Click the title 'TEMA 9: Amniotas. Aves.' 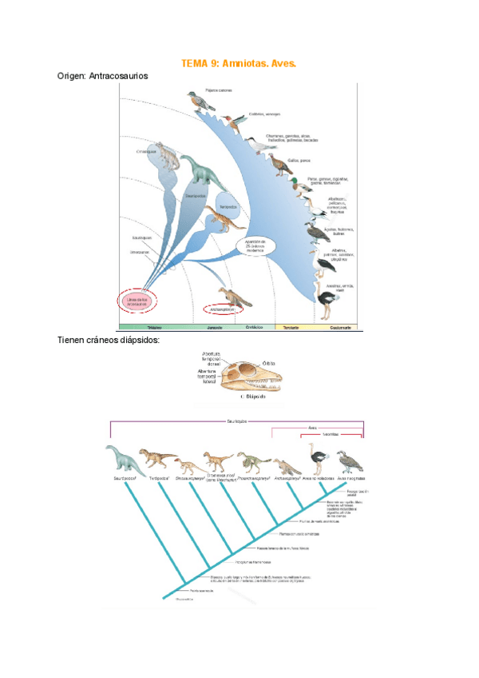pyautogui.click(x=239, y=63)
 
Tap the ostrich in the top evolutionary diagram pyautogui.click(x=326, y=305)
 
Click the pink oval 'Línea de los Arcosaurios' pyautogui.click(x=139, y=301)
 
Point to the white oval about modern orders pyautogui.click(x=255, y=245)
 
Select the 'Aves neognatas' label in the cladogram pyautogui.click(x=350, y=480)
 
